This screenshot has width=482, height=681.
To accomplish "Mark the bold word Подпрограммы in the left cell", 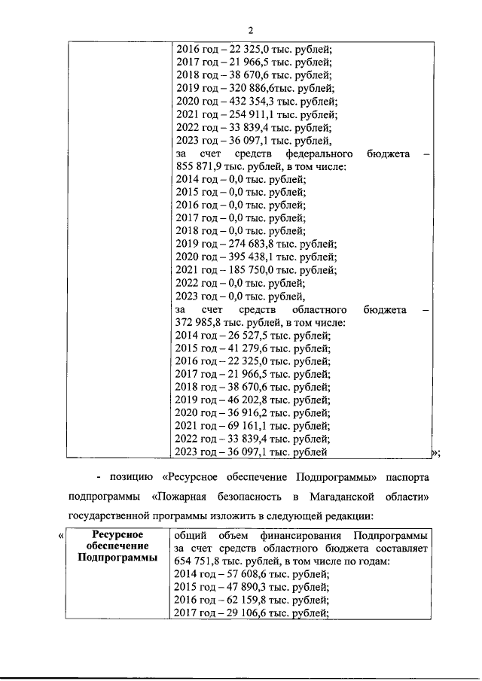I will [112, 558].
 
